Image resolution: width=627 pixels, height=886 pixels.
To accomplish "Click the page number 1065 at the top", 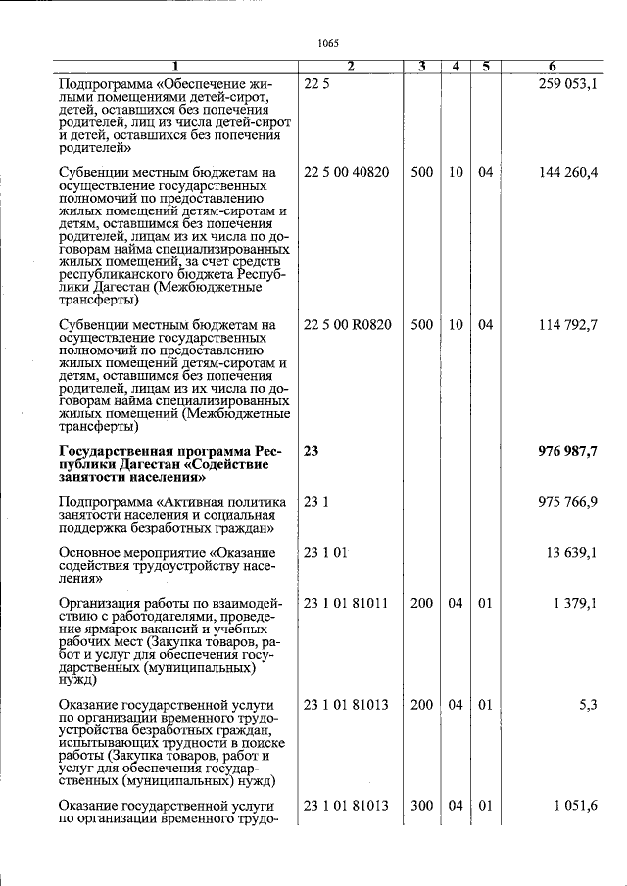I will [x=328, y=42].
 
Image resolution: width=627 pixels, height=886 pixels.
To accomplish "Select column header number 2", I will [x=350, y=67].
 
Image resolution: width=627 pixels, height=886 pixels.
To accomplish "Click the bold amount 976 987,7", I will [x=568, y=450].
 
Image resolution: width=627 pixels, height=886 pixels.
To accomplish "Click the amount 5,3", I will [x=588, y=704].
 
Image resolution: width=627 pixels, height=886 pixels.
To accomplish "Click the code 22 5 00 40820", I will [x=346, y=173].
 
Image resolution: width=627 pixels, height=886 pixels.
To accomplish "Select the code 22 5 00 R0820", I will [x=347, y=324].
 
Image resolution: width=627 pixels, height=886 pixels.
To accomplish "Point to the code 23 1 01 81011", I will [x=346, y=603].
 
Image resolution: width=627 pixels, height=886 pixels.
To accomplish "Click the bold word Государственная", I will [x=115, y=451].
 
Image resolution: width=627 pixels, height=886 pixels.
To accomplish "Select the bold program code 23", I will [x=312, y=450].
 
